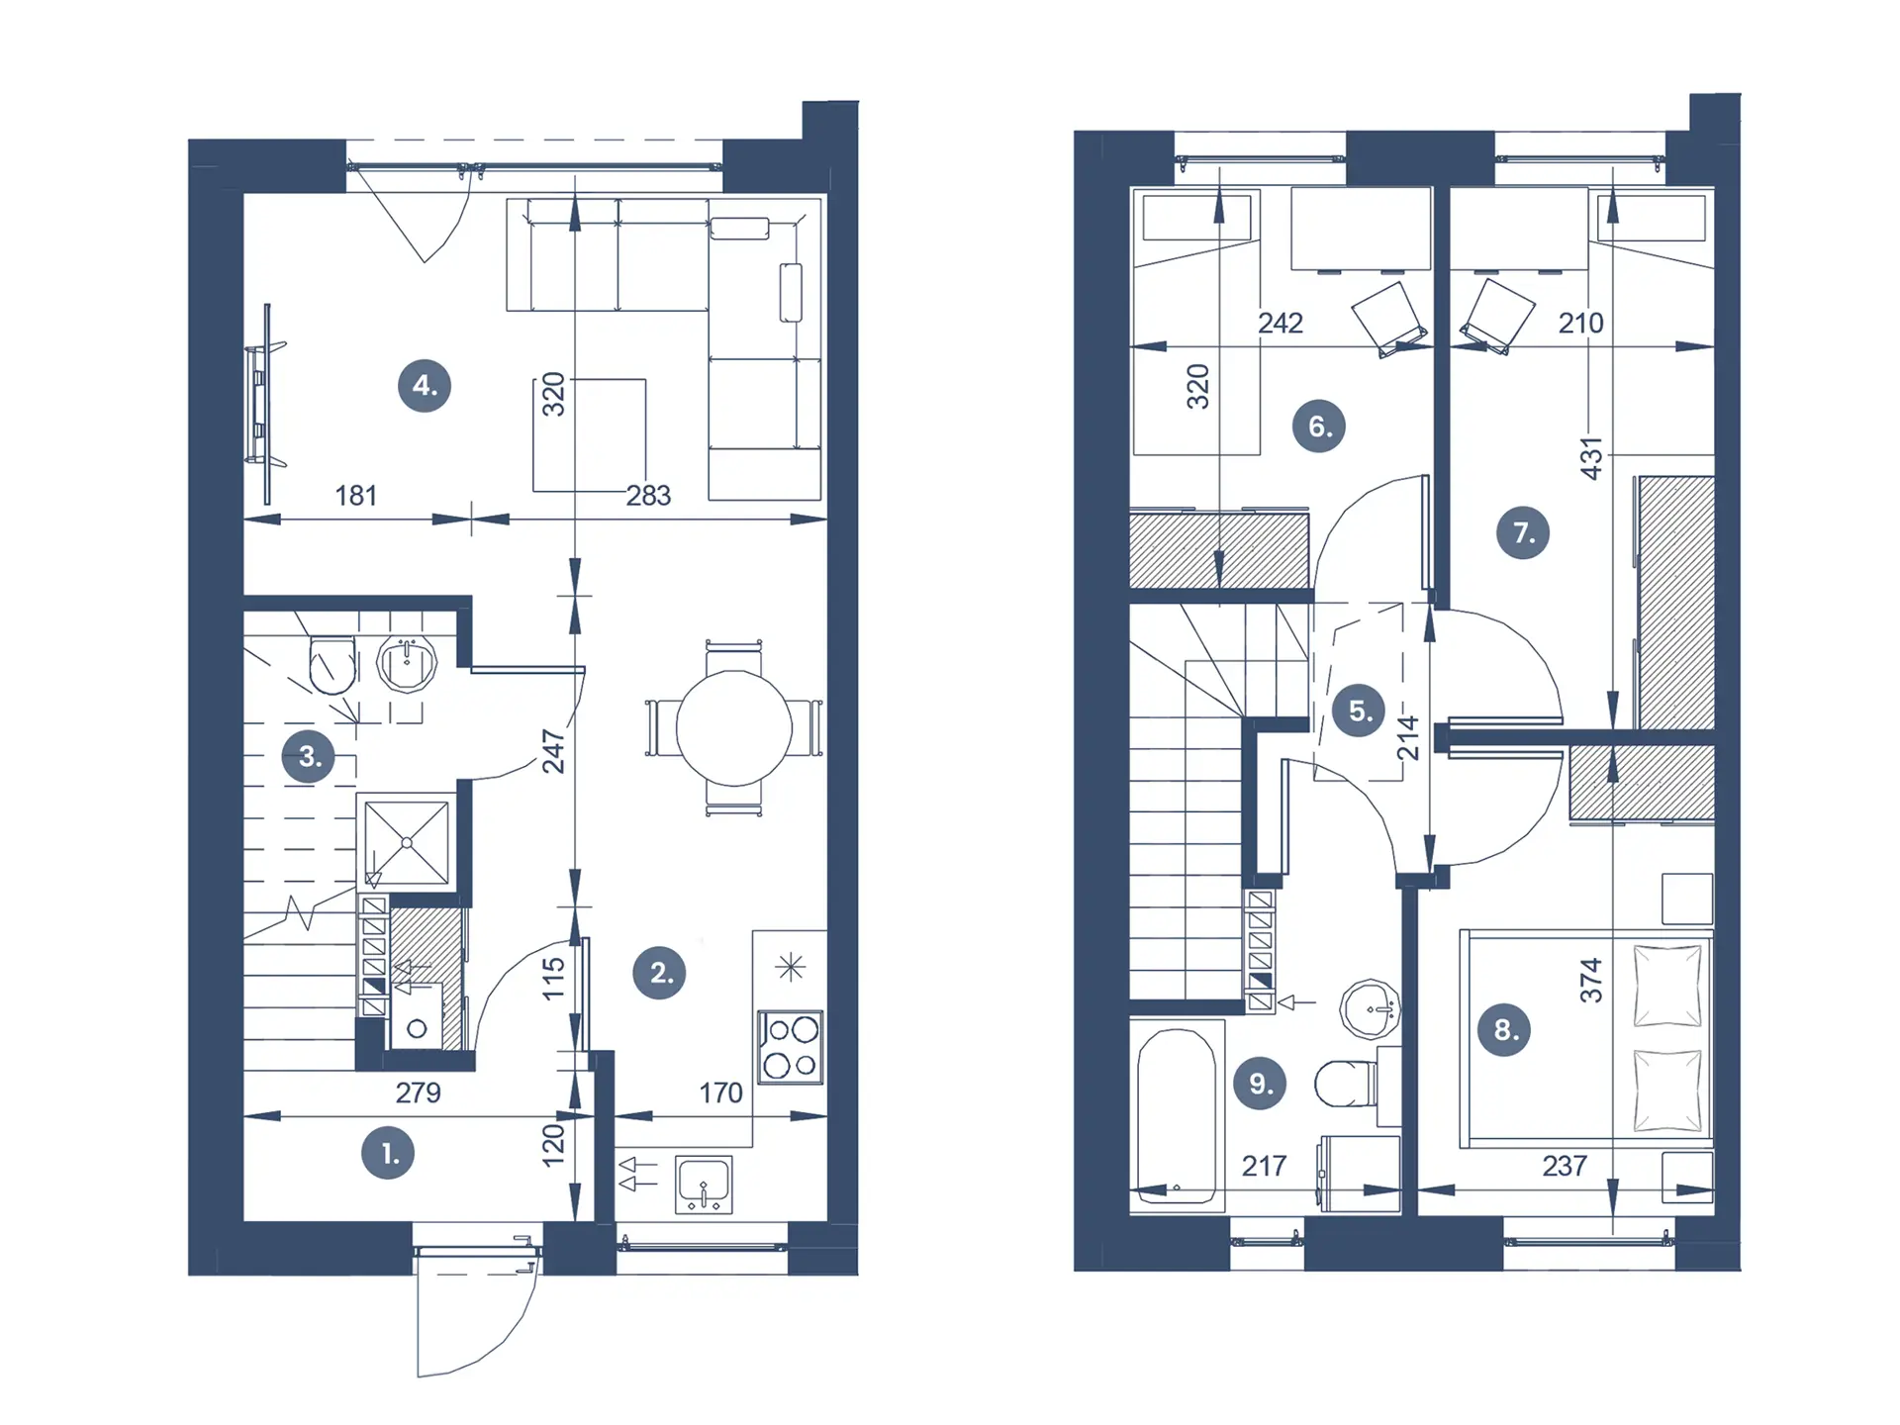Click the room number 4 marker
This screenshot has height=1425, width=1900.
(x=425, y=385)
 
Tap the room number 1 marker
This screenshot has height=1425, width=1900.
(x=388, y=1153)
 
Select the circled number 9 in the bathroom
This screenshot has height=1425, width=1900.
(x=1260, y=1083)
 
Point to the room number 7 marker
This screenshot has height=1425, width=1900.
(x=1523, y=532)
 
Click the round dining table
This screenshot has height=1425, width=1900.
(x=734, y=728)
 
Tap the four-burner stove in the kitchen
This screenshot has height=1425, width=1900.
(x=790, y=1046)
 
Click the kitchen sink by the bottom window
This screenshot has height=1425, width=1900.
(x=704, y=1185)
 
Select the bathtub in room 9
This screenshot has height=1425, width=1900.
(x=1177, y=1116)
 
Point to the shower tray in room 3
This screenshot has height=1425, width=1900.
(x=407, y=842)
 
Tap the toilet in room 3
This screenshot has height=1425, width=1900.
(x=332, y=663)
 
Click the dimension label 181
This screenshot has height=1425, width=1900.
(x=356, y=495)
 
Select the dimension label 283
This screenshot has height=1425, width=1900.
(x=648, y=495)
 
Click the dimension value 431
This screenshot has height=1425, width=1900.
(x=1590, y=458)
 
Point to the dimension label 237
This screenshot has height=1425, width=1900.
(x=1565, y=1166)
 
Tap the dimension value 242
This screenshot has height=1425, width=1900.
(x=1281, y=323)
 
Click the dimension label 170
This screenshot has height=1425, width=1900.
(x=720, y=1092)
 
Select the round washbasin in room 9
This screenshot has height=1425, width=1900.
(x=1370, y=1009)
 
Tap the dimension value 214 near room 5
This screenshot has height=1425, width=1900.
(x=1407, y=738)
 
